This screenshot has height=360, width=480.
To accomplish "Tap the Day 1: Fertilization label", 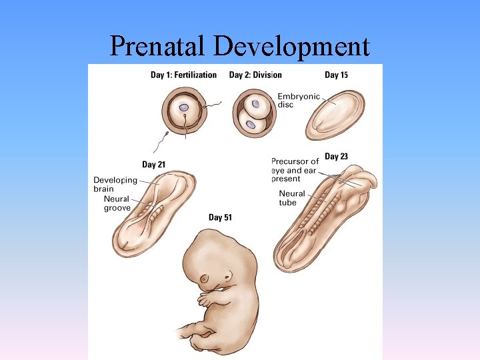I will click(183, 75).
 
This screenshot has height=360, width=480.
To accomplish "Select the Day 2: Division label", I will click(255, 75).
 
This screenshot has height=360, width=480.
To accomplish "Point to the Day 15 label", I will click(336, 75).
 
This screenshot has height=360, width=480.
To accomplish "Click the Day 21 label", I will click(154, 165).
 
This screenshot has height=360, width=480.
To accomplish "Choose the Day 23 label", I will click(336, 157).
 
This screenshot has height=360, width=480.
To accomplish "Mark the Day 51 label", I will click(220, 217).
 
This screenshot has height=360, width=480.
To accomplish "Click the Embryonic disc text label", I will click(299, 101).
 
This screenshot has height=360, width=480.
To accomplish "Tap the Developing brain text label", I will click(115, 185).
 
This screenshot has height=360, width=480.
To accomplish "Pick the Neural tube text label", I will click(292, 198).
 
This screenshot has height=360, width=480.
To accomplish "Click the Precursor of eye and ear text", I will click(294, 170).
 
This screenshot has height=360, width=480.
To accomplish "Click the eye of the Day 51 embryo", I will click(227, 276).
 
